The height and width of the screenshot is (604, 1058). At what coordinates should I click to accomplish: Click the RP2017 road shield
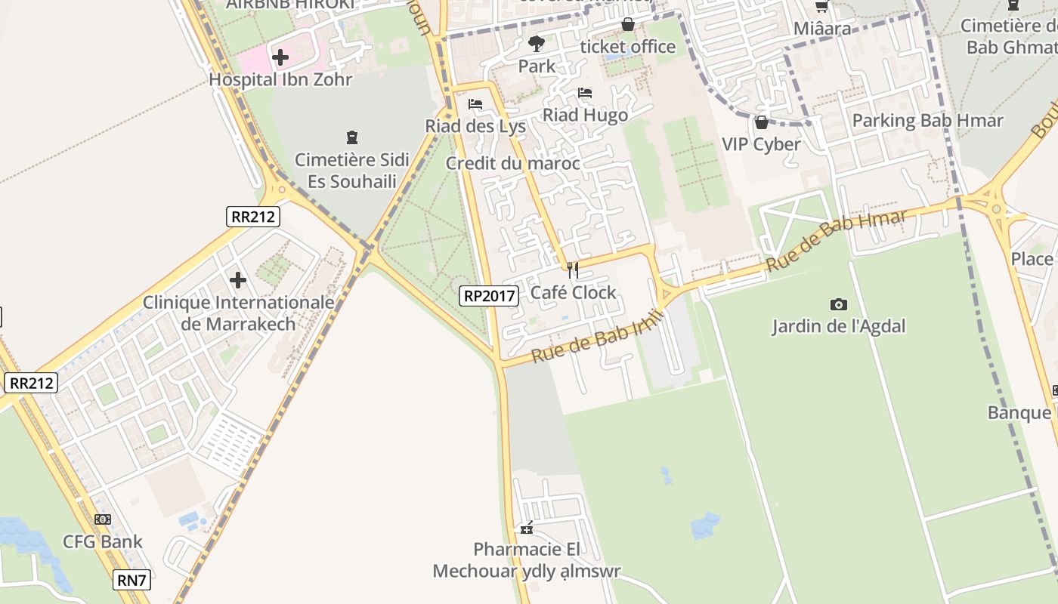pyautogui.click(x=489, y=296)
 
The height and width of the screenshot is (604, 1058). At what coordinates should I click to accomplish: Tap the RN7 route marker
pyautogui.click(x=131, y=580)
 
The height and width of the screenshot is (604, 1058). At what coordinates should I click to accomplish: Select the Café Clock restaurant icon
pyautogui.click(x=573, y=270)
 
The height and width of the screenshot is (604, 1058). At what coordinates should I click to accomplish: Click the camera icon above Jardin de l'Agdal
pyautogui.click(x=838, y=304)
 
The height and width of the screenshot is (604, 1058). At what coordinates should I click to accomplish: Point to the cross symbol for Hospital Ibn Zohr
pyautogui.click(x=280, y=57)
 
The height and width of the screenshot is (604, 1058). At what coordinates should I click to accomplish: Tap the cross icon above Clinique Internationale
pyautogui.click(x=238, y=280)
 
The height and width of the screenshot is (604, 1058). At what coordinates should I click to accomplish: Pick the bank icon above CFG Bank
pyautogui.click(x=103, y=519)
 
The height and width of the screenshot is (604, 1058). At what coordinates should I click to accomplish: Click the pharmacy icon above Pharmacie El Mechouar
pyautogui.click(x=527, y=528)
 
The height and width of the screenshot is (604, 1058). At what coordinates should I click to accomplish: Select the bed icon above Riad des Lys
pyautogui.click(x=475, y=104)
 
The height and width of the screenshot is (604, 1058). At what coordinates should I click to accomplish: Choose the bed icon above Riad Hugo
pyautogui.click(x=585, y=94)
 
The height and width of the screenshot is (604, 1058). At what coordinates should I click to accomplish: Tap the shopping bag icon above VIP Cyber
pyautogui.click(x=761, y=122)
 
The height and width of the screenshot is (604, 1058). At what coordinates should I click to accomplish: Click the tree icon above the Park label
pyautogui.click(x=537, y=44)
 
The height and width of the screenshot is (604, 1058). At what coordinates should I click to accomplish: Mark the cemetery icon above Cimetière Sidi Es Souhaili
pyautogui.click(x=351, y=137)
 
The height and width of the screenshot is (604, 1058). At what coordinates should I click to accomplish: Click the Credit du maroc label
pyautogui.click(x=513, y=163)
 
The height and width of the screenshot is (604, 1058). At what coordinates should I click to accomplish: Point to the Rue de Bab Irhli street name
pyautogui.click(x=596, y=337)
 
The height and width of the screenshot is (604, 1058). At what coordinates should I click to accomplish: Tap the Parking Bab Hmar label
pyautogui.click(x=927, y=121)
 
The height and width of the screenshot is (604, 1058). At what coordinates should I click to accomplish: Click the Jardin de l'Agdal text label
pyautogui.click(x=838, y=326)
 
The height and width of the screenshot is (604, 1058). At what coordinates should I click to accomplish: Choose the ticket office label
pyautogui.click(x=628, y=47)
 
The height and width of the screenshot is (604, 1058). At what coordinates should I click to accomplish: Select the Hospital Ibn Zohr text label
pyautogui.click(x=280, y=79)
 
